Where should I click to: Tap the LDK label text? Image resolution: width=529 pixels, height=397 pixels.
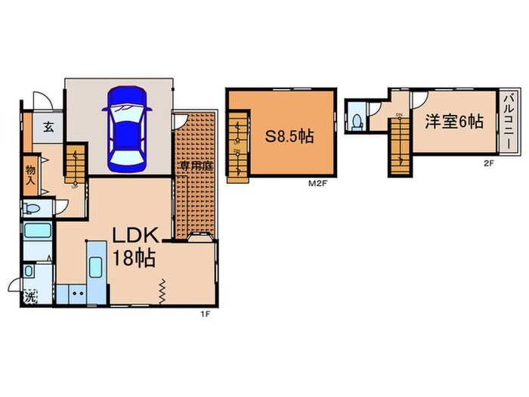(135, 235)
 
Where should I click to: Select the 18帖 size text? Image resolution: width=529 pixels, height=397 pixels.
(135, 258)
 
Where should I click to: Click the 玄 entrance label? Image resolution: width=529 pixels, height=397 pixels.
(48, 127)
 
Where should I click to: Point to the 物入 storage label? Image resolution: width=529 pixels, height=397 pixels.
(30, 175)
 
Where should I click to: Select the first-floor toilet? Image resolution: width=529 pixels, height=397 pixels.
(32, 209)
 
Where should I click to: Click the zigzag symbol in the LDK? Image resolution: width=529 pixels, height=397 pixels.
(162, 290)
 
